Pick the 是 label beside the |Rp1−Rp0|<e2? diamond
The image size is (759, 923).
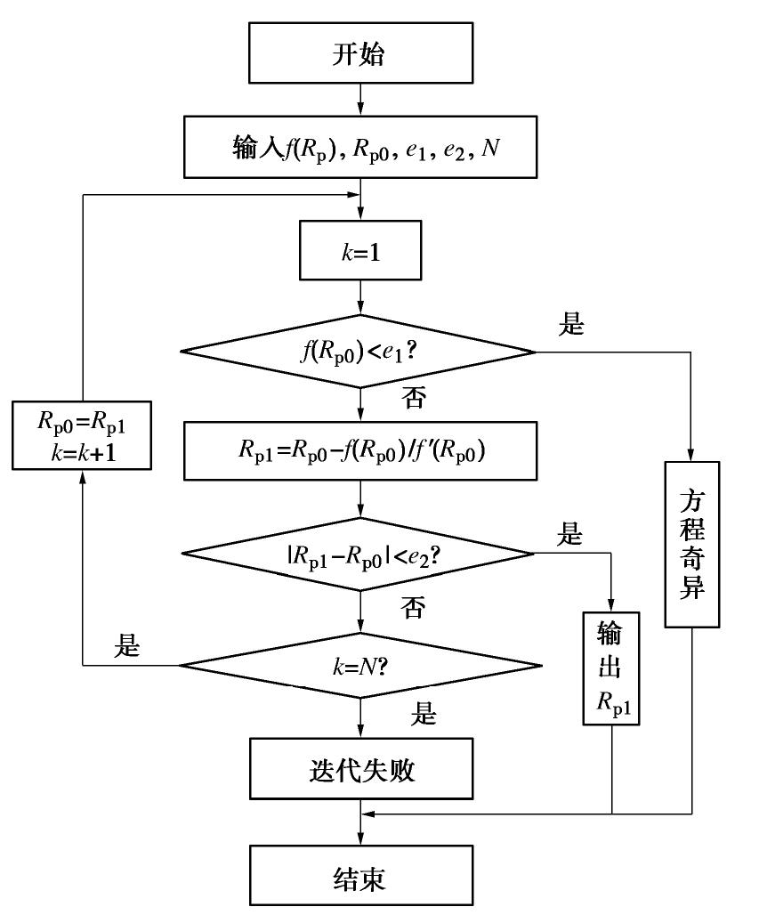pyautogui.click(x=569, y=536)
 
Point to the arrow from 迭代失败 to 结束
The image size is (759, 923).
pyautogui.click(x=359, y=821)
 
